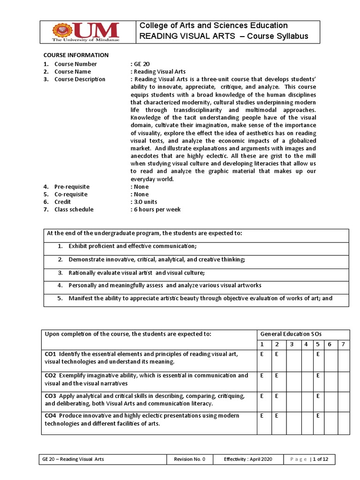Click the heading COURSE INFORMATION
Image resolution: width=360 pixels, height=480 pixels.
pos(76,55)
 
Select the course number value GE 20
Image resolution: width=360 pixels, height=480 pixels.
pos(141,64)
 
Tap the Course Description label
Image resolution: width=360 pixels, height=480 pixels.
pos(80,79)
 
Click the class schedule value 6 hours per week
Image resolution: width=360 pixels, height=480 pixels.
pos(157,210)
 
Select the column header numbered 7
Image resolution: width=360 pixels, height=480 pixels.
pos(343,345)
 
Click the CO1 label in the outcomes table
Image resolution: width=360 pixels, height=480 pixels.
pos(51,353)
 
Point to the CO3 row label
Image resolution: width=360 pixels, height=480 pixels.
pos(51,396)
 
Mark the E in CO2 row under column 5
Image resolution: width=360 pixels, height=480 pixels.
pos(317,375)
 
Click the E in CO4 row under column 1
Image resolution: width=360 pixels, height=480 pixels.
pos(262,416)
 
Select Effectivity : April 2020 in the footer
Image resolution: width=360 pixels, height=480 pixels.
pos(247,459)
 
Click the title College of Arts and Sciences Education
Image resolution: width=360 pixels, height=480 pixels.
pos(214,25)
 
